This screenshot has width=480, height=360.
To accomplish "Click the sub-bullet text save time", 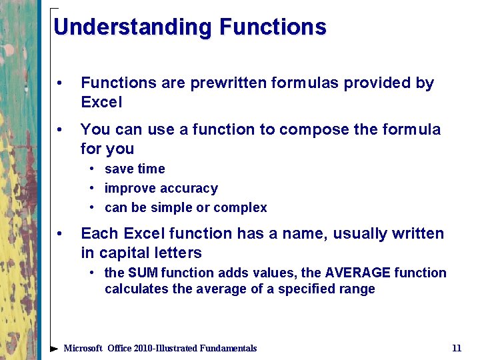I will tap(135, 169).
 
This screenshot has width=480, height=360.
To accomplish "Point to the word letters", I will tap(180, 253).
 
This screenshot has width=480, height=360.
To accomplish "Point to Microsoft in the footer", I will tap(83, 348).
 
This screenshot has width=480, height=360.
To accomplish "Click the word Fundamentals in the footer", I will tap(225, 348).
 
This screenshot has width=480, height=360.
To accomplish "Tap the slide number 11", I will tap(457, 348).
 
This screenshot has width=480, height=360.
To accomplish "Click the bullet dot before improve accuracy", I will tap(96, 189).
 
